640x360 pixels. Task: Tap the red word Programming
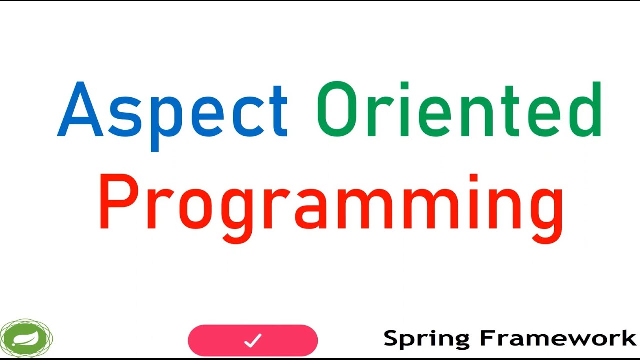coord(331,205)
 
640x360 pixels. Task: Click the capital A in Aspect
coord(80,110)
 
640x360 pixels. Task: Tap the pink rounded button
coord(253,341)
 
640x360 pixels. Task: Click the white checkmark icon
coord(253,341)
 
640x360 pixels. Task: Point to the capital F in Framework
coord(488,338)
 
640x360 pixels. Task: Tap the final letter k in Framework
coord(628,338)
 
